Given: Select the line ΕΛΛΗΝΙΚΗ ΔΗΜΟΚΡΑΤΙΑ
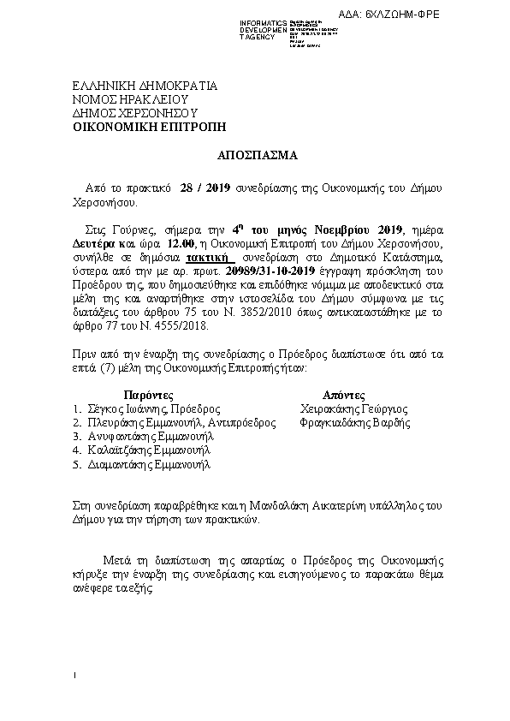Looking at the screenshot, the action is coord(145,86).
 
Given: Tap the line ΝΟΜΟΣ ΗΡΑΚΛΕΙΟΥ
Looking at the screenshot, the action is coord(129,99).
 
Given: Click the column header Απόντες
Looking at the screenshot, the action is coord(346,396).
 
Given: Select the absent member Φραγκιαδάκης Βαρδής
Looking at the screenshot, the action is coord(350,423).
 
